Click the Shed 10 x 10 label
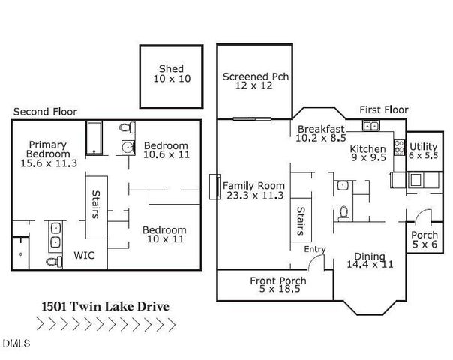[x=171, y=73]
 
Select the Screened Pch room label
[x=256, y=81]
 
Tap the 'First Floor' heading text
[x=383, y=109]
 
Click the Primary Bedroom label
[x=48, y=154]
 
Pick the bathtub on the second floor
[x=95, y=139]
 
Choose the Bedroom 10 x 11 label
[x=165, y=234]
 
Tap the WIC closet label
[x=84, y=255]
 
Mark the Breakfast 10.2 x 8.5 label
[x=321, y=133]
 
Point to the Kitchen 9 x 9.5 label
[x=368, y=154]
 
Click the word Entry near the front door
[x=314, y=249]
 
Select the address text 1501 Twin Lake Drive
[x=104, y=306]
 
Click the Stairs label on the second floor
[x=95, y=202]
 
